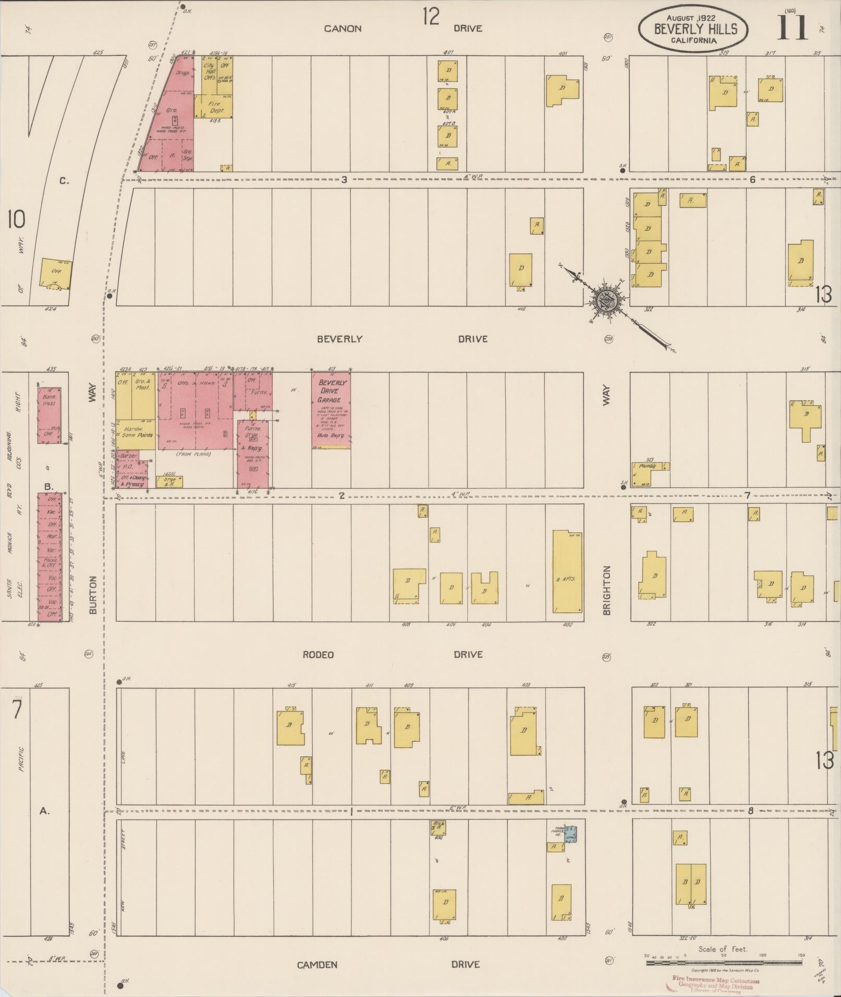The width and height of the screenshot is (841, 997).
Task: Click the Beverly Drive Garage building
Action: (x=332, y=410)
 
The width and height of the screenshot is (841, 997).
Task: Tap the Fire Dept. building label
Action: (x=214, y=107)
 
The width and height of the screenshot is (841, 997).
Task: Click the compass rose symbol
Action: (x=606, y=301)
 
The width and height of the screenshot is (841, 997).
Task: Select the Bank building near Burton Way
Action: (x=49, y=415)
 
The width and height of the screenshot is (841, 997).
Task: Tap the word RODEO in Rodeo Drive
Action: (x=318, y=655)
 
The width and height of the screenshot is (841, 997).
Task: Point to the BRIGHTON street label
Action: (x=607, y=590)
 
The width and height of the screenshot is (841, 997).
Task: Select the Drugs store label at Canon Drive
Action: (x=182, y=73)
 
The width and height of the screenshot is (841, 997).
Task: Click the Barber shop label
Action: (x=129, y=456)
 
